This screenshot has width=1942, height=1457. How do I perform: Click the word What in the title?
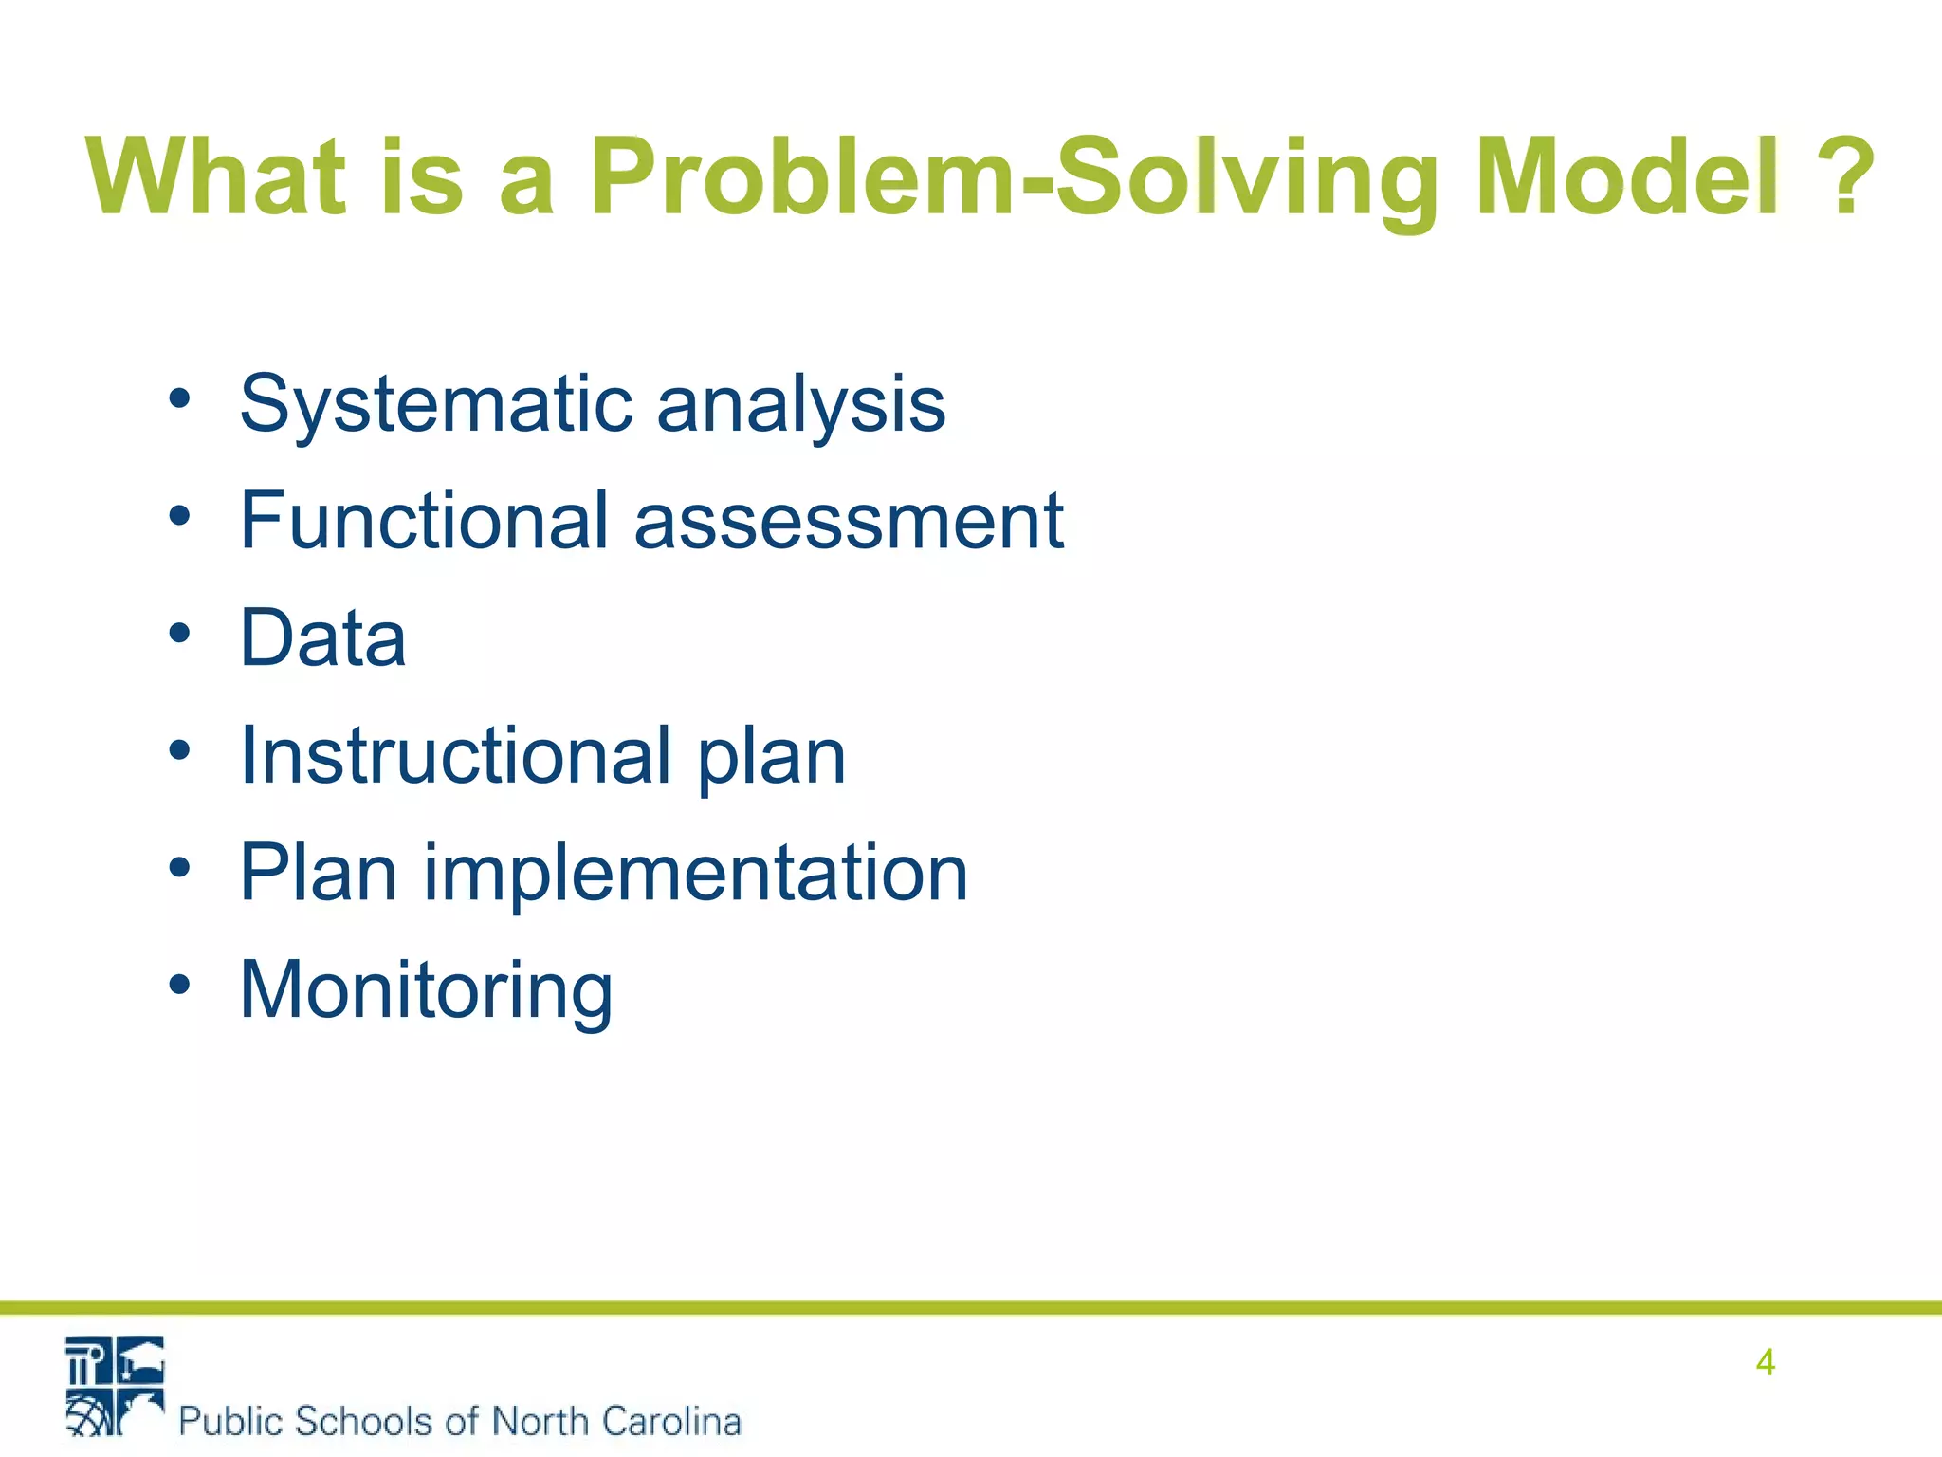tap(216, 176)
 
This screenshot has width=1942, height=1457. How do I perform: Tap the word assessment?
tap(849, 521)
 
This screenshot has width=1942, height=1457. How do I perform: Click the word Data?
tap(323, 637)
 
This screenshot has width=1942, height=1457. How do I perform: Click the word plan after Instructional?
tap(771, 757)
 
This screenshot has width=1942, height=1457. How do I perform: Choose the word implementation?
tap(695, 873)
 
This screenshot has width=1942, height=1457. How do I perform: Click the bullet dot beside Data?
tap(179, 633)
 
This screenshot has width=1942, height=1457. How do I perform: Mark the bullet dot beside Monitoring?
tap(179, 985)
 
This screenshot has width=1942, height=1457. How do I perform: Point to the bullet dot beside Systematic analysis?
tap(179, 398)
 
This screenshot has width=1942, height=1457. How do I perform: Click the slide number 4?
tap(1765, 1362)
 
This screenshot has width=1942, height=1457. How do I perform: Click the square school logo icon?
tap(115, 1385)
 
